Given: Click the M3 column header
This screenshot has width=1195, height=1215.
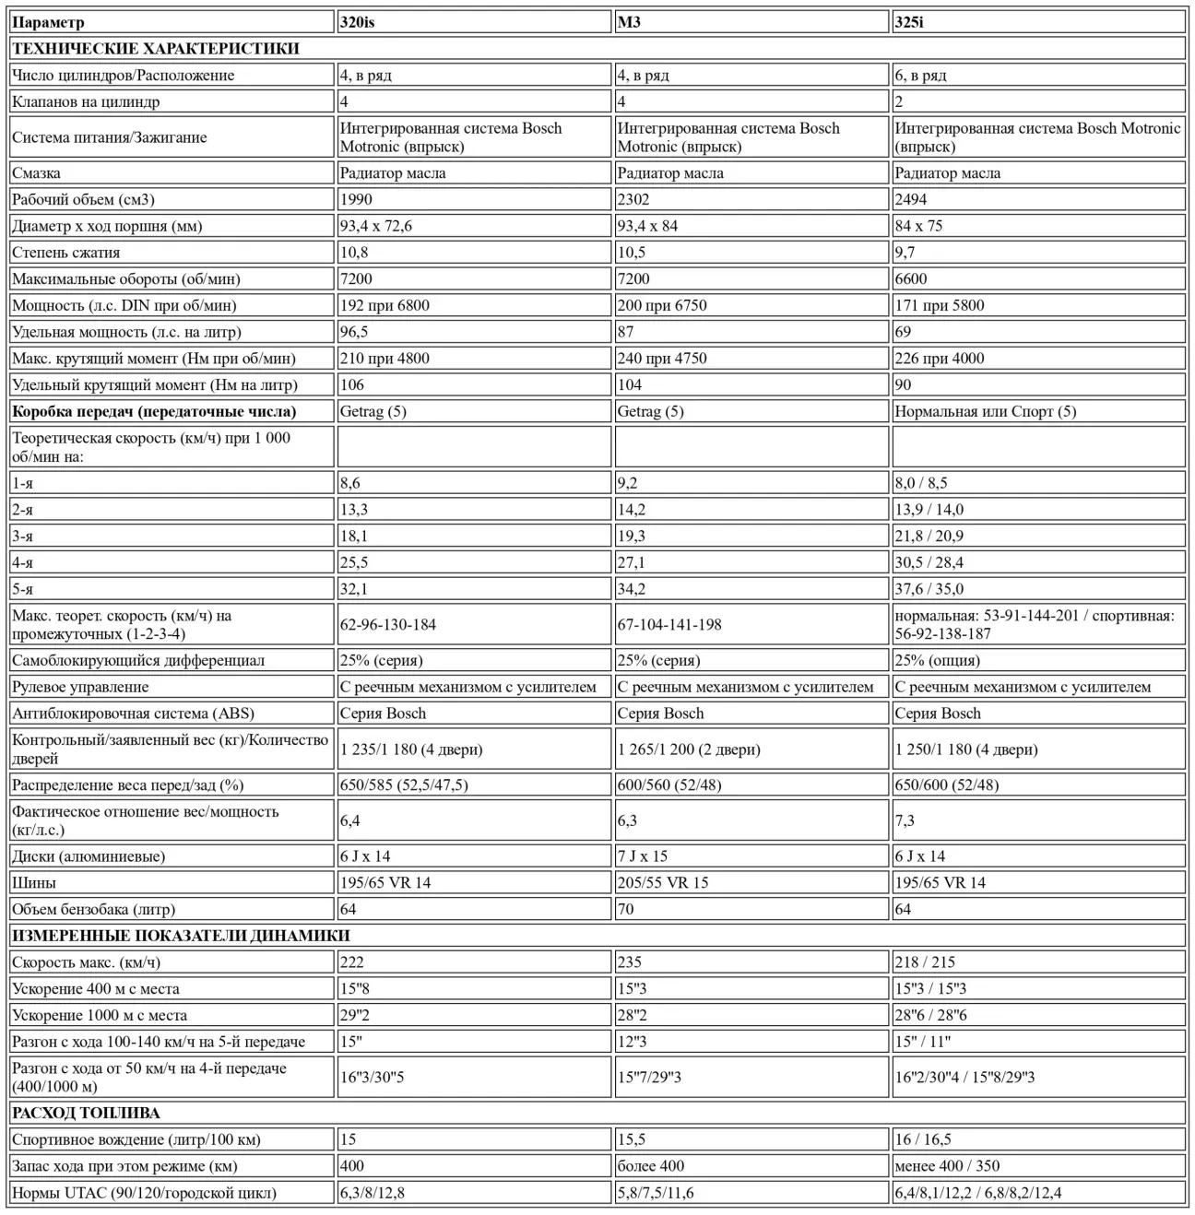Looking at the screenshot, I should click(629, 22).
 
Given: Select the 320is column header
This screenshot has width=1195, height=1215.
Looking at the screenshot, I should click(357, 22).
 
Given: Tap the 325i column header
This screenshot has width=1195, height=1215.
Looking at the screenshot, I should click(909, 22).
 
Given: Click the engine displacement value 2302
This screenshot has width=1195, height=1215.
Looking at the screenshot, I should click(633, 199).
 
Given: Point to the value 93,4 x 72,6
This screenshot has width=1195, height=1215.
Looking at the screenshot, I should click(376, 226).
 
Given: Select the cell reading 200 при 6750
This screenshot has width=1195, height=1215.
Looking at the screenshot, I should click(662, 305).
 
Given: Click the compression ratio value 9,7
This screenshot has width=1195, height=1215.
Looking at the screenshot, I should click(905, 253).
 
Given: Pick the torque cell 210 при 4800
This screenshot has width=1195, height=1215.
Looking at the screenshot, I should click(385, 359).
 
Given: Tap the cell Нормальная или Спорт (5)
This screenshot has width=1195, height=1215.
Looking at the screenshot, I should click(986, 411).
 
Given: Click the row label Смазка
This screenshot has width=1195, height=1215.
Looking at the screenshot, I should click(37, 172).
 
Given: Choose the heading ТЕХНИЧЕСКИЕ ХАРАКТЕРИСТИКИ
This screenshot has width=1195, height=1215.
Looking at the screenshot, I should click(156, 49).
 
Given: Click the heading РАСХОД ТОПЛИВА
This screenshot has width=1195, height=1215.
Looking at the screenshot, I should click(86, 1113).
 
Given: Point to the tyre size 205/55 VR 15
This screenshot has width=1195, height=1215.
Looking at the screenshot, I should click(663, 882).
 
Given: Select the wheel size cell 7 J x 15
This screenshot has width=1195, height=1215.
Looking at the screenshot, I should click(643, 855).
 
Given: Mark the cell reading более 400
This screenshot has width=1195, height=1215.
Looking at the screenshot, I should click(651, 1165).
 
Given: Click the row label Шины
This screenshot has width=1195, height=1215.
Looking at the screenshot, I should click(34, 882).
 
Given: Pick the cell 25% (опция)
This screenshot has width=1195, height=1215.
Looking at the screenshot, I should click(938, 660).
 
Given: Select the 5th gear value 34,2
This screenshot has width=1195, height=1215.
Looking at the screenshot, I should click(632, 589).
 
